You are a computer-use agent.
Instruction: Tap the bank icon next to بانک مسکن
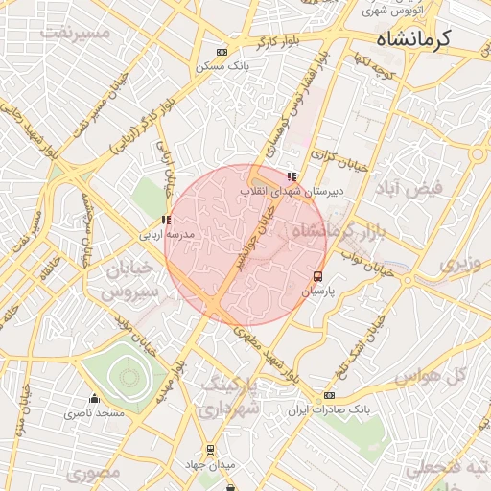point(222,52)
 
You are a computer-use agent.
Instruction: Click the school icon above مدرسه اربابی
point(167,221)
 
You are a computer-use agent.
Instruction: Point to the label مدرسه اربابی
point(167,234)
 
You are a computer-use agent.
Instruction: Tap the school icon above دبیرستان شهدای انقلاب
point(292,176)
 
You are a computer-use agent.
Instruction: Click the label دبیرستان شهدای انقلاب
point(291,191)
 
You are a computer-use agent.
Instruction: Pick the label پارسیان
point(317,289)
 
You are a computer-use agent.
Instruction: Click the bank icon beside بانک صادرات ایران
point(329,395)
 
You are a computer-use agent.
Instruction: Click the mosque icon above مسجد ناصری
point(94,399)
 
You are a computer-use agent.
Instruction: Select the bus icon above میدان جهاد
point(211,449)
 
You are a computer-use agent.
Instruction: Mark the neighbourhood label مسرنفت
point(77,33)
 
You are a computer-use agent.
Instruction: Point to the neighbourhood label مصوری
point(96,473)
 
